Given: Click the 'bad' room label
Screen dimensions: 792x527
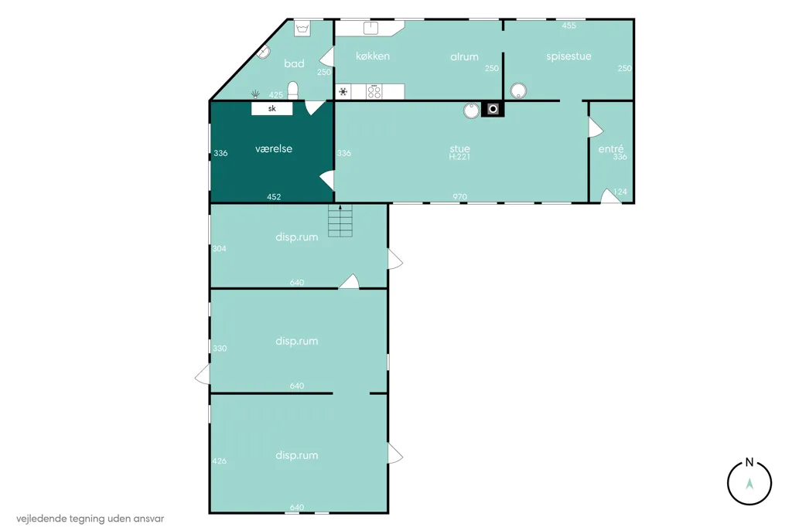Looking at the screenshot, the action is click(x=294, y=63).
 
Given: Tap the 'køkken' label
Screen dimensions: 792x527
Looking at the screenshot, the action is click(x=373, y=56).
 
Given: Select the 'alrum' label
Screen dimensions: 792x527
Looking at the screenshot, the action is click(x=464, y=56).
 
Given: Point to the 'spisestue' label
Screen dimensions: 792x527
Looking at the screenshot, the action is click(x=568, y=56).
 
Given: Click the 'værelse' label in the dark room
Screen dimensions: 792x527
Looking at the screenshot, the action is click(x=274, y=148).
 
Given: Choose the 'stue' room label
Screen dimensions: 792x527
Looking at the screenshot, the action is click(x=459, y=148).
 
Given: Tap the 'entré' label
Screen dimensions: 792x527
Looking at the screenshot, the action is click(x=611, y=148).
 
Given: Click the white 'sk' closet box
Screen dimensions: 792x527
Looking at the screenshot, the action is click(x=271, y=108).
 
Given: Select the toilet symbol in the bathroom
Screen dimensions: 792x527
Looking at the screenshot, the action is click(x=293, y=90).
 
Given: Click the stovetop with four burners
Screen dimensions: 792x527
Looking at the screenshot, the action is click(x=374, y=91).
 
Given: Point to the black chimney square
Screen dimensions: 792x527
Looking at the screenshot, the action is click(x=493, y=109).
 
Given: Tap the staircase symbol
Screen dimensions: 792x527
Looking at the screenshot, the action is click(x=340, y=220).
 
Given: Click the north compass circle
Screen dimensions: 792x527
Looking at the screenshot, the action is click(x=749, y=483).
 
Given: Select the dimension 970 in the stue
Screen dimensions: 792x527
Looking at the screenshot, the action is click(x=459, y=197).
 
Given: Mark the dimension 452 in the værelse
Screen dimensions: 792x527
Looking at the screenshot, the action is click(x=274, y=197).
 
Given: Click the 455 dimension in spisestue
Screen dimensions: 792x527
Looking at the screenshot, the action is click(x=568, y=25).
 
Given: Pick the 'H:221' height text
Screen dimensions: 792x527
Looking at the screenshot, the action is click(x=459, y=157).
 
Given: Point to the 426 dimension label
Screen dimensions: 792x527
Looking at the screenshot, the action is click(x=219, y=461).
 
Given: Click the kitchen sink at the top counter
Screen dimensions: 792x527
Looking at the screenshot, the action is click(x=370, y=27).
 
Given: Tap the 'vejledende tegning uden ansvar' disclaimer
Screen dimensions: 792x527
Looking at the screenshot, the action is click(x=90, y=518).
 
